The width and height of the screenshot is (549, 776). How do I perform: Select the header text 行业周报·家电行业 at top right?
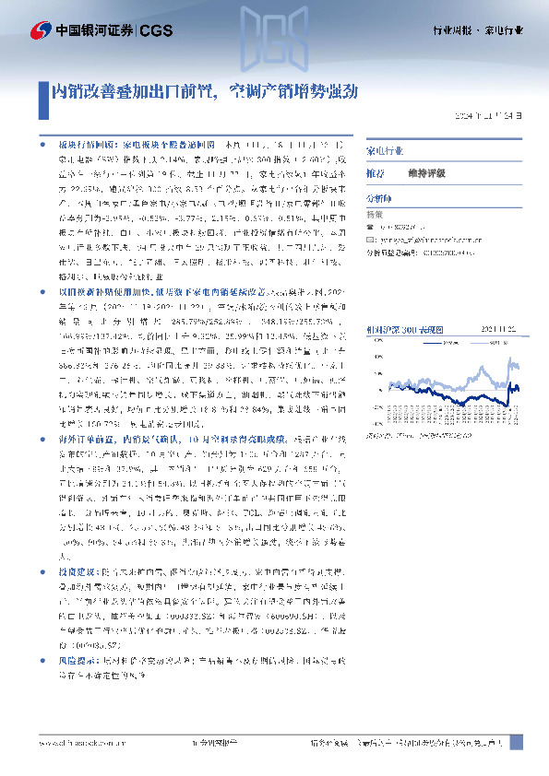tap(477, 30)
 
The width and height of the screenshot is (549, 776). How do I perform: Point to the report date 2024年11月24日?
tap(493, 117)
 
